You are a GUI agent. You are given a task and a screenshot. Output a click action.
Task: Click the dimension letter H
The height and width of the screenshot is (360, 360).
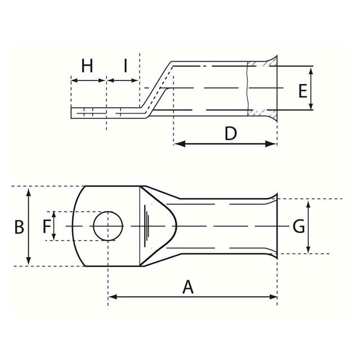coord(87,66)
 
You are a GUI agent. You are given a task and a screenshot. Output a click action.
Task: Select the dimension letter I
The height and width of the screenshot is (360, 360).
coord(125,66)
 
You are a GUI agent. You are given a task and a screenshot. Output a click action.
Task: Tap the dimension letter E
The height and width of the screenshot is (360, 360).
coord(303,91)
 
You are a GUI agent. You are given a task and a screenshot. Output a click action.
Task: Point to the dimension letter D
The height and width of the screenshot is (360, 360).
coord(231,133)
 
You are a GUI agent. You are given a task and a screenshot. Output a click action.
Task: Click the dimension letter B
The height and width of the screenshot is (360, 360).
coord(19,227)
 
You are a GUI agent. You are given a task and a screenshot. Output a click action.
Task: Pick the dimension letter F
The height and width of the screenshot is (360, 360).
coord(47,227)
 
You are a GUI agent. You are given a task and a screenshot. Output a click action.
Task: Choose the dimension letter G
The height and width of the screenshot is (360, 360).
coord(299,227)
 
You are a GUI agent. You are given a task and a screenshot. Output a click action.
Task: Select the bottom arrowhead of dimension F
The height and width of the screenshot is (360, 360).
coord(54,237)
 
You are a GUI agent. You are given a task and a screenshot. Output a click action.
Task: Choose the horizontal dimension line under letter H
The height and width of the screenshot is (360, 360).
coord(88,80)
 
